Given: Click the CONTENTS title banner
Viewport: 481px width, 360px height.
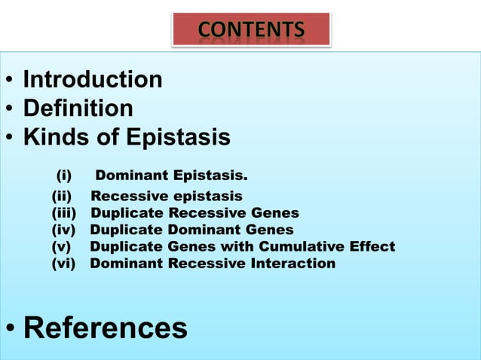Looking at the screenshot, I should point(252,29).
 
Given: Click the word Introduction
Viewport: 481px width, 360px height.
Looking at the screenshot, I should point(93,80).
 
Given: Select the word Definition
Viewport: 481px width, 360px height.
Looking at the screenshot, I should point(78,109).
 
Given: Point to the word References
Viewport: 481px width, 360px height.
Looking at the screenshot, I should point(106,328).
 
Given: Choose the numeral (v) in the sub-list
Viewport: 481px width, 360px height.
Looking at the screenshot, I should point(61,246).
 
